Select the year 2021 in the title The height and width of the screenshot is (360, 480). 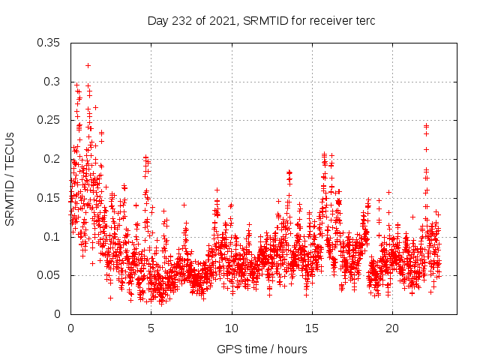point(225,21)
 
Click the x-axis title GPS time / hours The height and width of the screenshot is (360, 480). point(262,349)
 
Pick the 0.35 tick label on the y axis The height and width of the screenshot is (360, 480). point(49,43)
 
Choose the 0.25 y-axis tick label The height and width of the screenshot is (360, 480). point(49,121)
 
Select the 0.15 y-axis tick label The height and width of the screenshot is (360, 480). point(49,198)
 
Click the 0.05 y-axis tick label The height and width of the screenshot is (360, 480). point(49,275)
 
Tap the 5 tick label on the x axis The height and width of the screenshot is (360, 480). point(151,328)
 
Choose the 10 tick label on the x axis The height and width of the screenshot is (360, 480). point(232,328)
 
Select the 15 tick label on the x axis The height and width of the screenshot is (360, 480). point(312,328)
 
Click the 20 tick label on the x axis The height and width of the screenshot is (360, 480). point(392,328)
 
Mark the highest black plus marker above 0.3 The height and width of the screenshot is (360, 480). point(88,65)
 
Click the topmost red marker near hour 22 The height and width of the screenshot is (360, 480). point(426,125)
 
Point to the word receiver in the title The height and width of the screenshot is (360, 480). point(328,21)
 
